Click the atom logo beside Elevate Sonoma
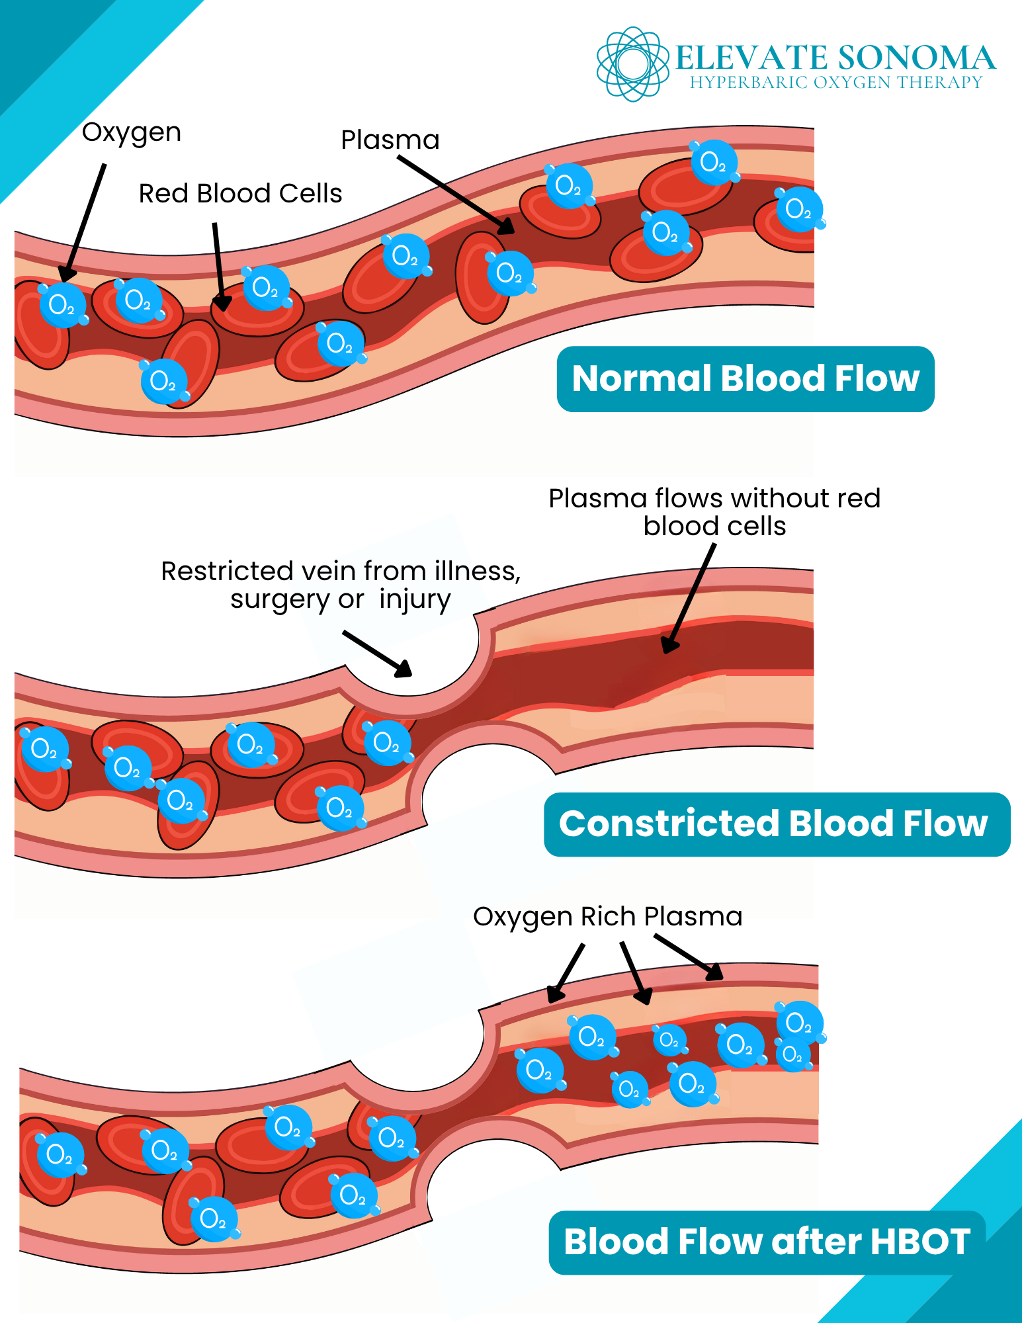632,64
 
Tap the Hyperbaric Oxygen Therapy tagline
836,83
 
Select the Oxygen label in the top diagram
131,133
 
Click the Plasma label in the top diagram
390,140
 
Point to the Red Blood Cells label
240,194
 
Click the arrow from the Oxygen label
85,222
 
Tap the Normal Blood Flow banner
745,379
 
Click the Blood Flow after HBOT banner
766,1242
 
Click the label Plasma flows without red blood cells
714,512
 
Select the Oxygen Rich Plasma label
607,917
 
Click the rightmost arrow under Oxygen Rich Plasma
688,957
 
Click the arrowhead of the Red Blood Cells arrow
223,304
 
